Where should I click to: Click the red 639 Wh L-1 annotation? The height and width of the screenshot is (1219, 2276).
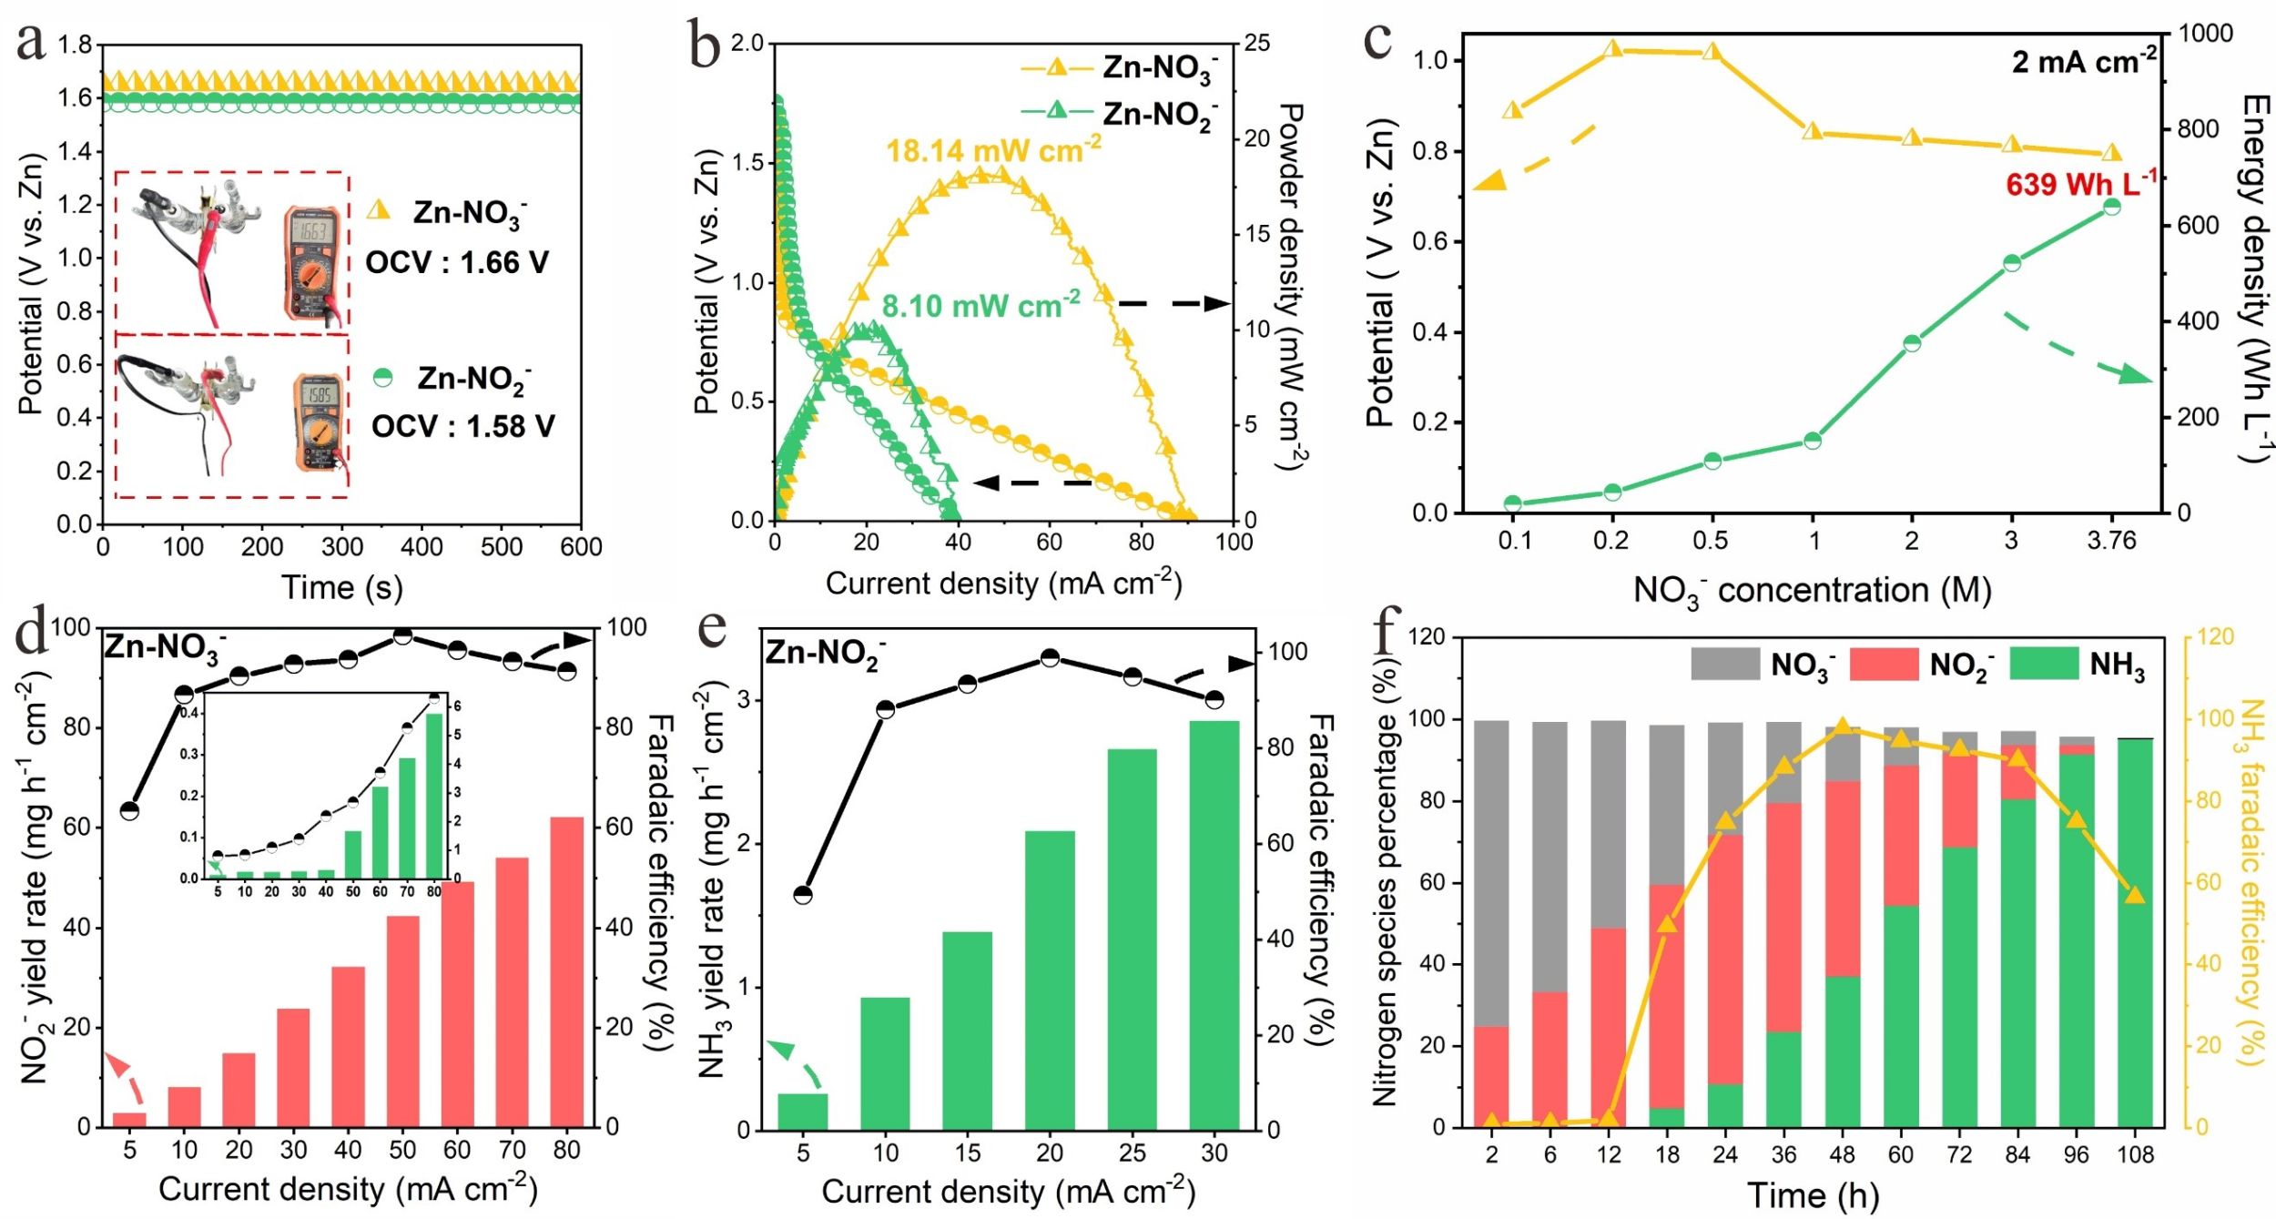point(2080,184)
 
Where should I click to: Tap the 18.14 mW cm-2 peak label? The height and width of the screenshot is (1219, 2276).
point(993,150)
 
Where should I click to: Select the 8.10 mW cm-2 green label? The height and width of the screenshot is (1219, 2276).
point(981,306)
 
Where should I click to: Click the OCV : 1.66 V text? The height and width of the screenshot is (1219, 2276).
point(457,263)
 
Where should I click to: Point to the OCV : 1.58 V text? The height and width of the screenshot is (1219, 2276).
point(462,426)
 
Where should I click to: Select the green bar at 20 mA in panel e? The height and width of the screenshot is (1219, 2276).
point(1050,980)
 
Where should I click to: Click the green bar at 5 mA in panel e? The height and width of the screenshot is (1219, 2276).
point(803,1111)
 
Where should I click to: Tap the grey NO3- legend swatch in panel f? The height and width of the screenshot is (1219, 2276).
point(1724,664)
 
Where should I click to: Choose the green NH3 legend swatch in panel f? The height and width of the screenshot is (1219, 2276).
point(2043,664)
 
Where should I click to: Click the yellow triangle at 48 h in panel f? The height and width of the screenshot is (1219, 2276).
point(1843,726)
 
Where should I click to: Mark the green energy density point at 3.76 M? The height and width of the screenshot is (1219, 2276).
point(2112,207)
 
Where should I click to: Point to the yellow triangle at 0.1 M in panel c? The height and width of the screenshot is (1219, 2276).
point(1512,110)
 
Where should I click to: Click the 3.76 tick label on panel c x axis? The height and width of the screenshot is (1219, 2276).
point(2111,541)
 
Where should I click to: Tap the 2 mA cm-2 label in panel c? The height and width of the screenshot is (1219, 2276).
point(2083,62)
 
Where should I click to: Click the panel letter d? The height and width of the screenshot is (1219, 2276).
point(33,631)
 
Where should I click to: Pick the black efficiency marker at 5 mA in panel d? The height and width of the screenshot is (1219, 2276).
point(130,810)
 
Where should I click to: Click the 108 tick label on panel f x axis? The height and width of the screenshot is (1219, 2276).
point(2135,1154)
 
